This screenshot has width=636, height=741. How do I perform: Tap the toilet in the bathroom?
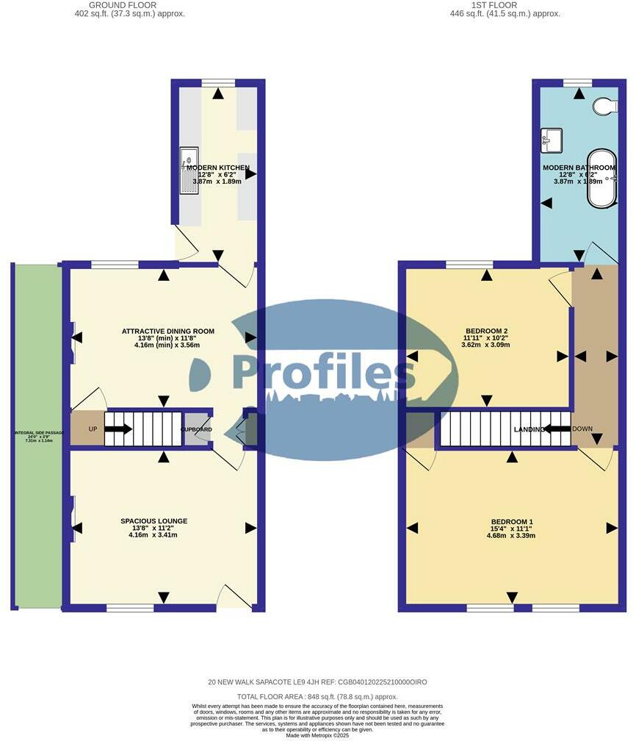click(x=606, y=107)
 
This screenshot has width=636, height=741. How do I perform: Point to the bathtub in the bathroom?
click(x=612, y=180)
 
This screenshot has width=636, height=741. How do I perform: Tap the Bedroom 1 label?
click(x=510, y=522)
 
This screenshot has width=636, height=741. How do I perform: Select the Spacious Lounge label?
click(x=154, y=521)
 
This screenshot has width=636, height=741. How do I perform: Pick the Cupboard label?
click(x=196, y=429)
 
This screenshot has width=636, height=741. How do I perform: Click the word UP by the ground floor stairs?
click(x=93, y=429)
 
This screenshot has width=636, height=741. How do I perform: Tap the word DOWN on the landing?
click(x=582, y=429)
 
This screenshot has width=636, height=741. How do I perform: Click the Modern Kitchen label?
click(x=217, y=168)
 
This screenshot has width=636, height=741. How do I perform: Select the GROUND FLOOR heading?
click(x=123, y=4)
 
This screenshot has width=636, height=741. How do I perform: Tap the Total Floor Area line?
click(x=318, y=696)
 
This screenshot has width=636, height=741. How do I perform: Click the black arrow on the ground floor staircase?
click(x=118, y=429)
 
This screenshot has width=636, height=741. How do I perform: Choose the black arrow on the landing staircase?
click(x=557, y=429)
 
